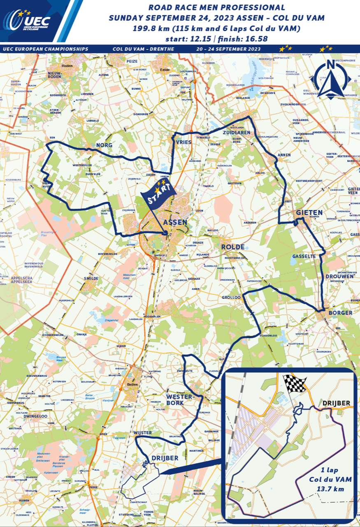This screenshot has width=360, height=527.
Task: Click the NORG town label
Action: pyautogui.click(x=104, y=145)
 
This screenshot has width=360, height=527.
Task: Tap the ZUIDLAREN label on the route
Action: pyautogui.click(x=237, y=133)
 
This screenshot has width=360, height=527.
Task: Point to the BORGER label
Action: pyautogui.click(x=340, y=313)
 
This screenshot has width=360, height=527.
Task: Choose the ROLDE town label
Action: pyautogui.click(x=233, y=247)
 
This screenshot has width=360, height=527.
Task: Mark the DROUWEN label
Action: pyautogui.click(x=339, y=276)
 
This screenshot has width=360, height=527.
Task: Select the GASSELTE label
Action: pyautogui.click(x=304, y=256)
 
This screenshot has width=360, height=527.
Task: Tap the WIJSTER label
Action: pyautogui.click(x=142, y=433)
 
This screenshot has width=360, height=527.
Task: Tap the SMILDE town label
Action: pyautogui.click(x=91, y=278)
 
